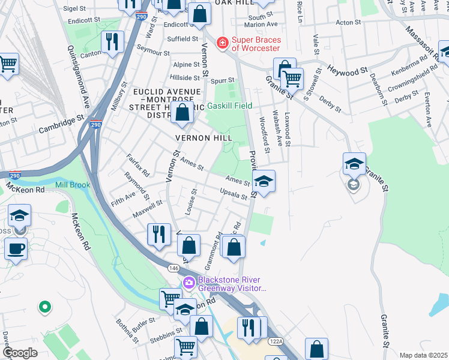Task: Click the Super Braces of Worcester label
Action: pos(256,44)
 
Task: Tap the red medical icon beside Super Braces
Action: pos(223,43)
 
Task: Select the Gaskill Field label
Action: pos(230,106)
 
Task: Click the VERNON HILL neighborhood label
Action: pos(203,138)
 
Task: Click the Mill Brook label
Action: pos(73,185)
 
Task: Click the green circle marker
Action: pos(43,308)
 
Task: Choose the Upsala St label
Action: pos(234,196)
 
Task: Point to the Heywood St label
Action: pos(348,71)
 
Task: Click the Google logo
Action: pos(19,353)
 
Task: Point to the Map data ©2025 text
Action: pos(423,355)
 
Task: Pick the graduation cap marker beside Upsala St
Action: pos(264,181)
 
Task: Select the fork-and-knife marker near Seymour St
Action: pos(112,42)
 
